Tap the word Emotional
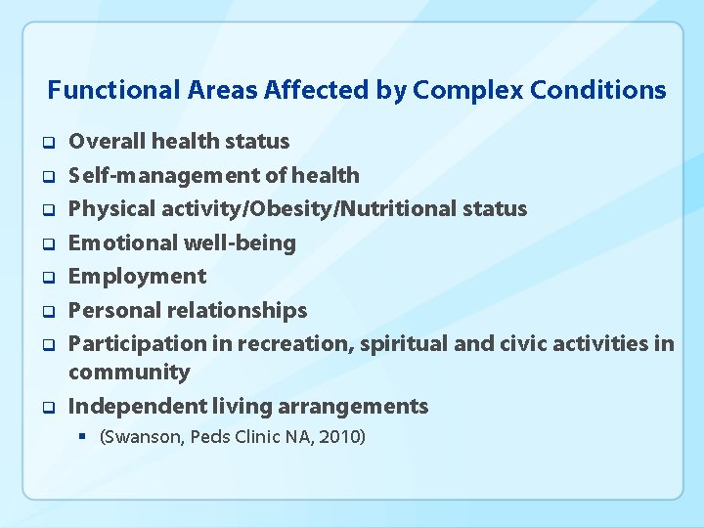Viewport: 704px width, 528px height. [116, 242]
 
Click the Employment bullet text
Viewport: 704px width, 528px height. [137, 277]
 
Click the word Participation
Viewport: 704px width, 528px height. [130, 344]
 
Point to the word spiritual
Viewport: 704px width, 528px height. [399, 344]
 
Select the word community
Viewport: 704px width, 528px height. [129, 373]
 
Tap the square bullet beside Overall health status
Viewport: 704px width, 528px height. [46, 143]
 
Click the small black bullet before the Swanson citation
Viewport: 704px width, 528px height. [85, 436]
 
